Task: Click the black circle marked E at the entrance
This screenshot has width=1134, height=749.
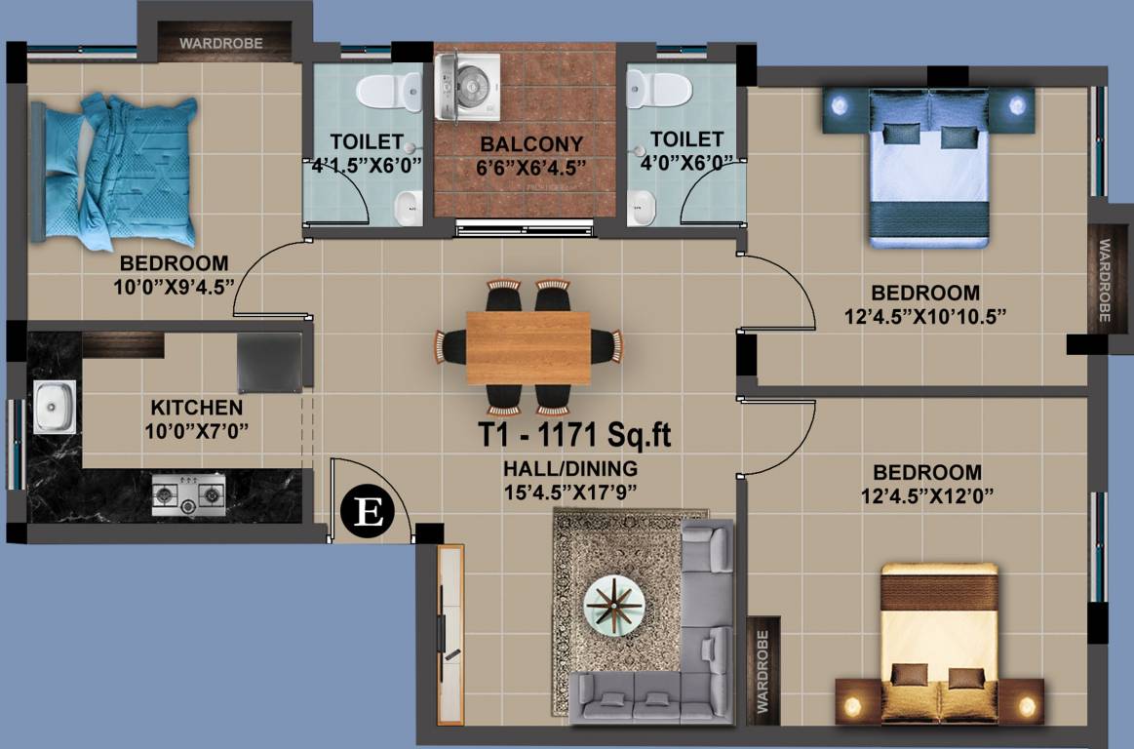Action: point(371,512)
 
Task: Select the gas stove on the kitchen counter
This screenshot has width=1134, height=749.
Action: point(188,495)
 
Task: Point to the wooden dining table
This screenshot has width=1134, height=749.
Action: point(528,347)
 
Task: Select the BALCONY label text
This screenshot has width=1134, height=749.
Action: point(531,144)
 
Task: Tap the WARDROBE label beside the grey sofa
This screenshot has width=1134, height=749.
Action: point(763,670)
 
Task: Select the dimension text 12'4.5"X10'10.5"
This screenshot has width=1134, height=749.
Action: point(925,315)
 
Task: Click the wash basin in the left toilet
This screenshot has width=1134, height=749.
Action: point(406,207)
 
